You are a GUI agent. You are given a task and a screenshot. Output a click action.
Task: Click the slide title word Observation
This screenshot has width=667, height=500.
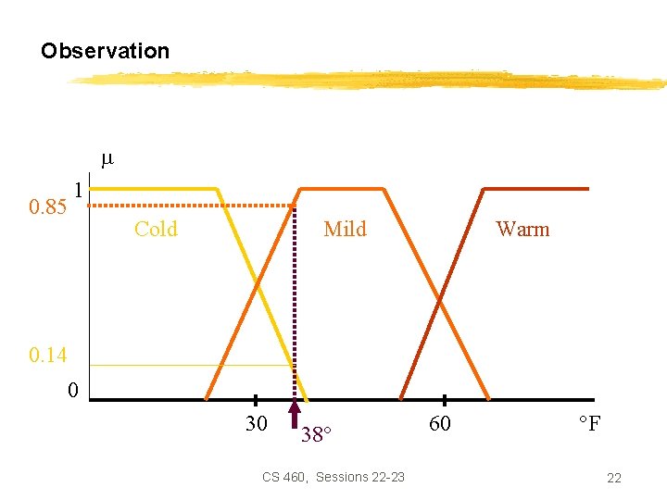(x=105, y=51)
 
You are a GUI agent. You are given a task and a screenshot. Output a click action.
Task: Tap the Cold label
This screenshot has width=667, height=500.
(x=156, y=229)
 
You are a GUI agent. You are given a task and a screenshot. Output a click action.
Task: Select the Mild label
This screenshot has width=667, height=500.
(x=345, y=229)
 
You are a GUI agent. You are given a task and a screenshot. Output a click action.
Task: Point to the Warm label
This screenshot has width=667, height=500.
(x=522, y=229)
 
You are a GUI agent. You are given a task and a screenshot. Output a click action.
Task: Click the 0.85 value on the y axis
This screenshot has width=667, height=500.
(x=47, y=206)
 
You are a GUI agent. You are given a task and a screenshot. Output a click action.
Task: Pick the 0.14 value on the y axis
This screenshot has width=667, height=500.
(x=47, y=355)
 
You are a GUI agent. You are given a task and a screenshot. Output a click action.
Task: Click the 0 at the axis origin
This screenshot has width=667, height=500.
(x=72, y=390)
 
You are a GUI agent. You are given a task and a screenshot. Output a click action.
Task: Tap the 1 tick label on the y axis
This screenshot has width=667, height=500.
(x=80, y=190)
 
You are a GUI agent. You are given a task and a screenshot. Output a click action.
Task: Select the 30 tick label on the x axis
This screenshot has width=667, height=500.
(x=257, y=424)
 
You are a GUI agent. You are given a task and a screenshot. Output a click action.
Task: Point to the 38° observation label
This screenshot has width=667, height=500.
(x=316, y=434)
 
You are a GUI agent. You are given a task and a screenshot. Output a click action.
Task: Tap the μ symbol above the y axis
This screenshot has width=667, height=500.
(x=106, y=158)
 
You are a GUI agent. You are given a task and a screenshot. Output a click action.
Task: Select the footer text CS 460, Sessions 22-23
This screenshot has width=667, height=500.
(x=333, y=477)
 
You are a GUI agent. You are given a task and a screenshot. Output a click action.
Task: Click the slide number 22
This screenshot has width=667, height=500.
(x=613, y=478)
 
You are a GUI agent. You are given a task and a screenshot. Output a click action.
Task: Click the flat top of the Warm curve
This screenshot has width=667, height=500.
(x=537, y=189)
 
